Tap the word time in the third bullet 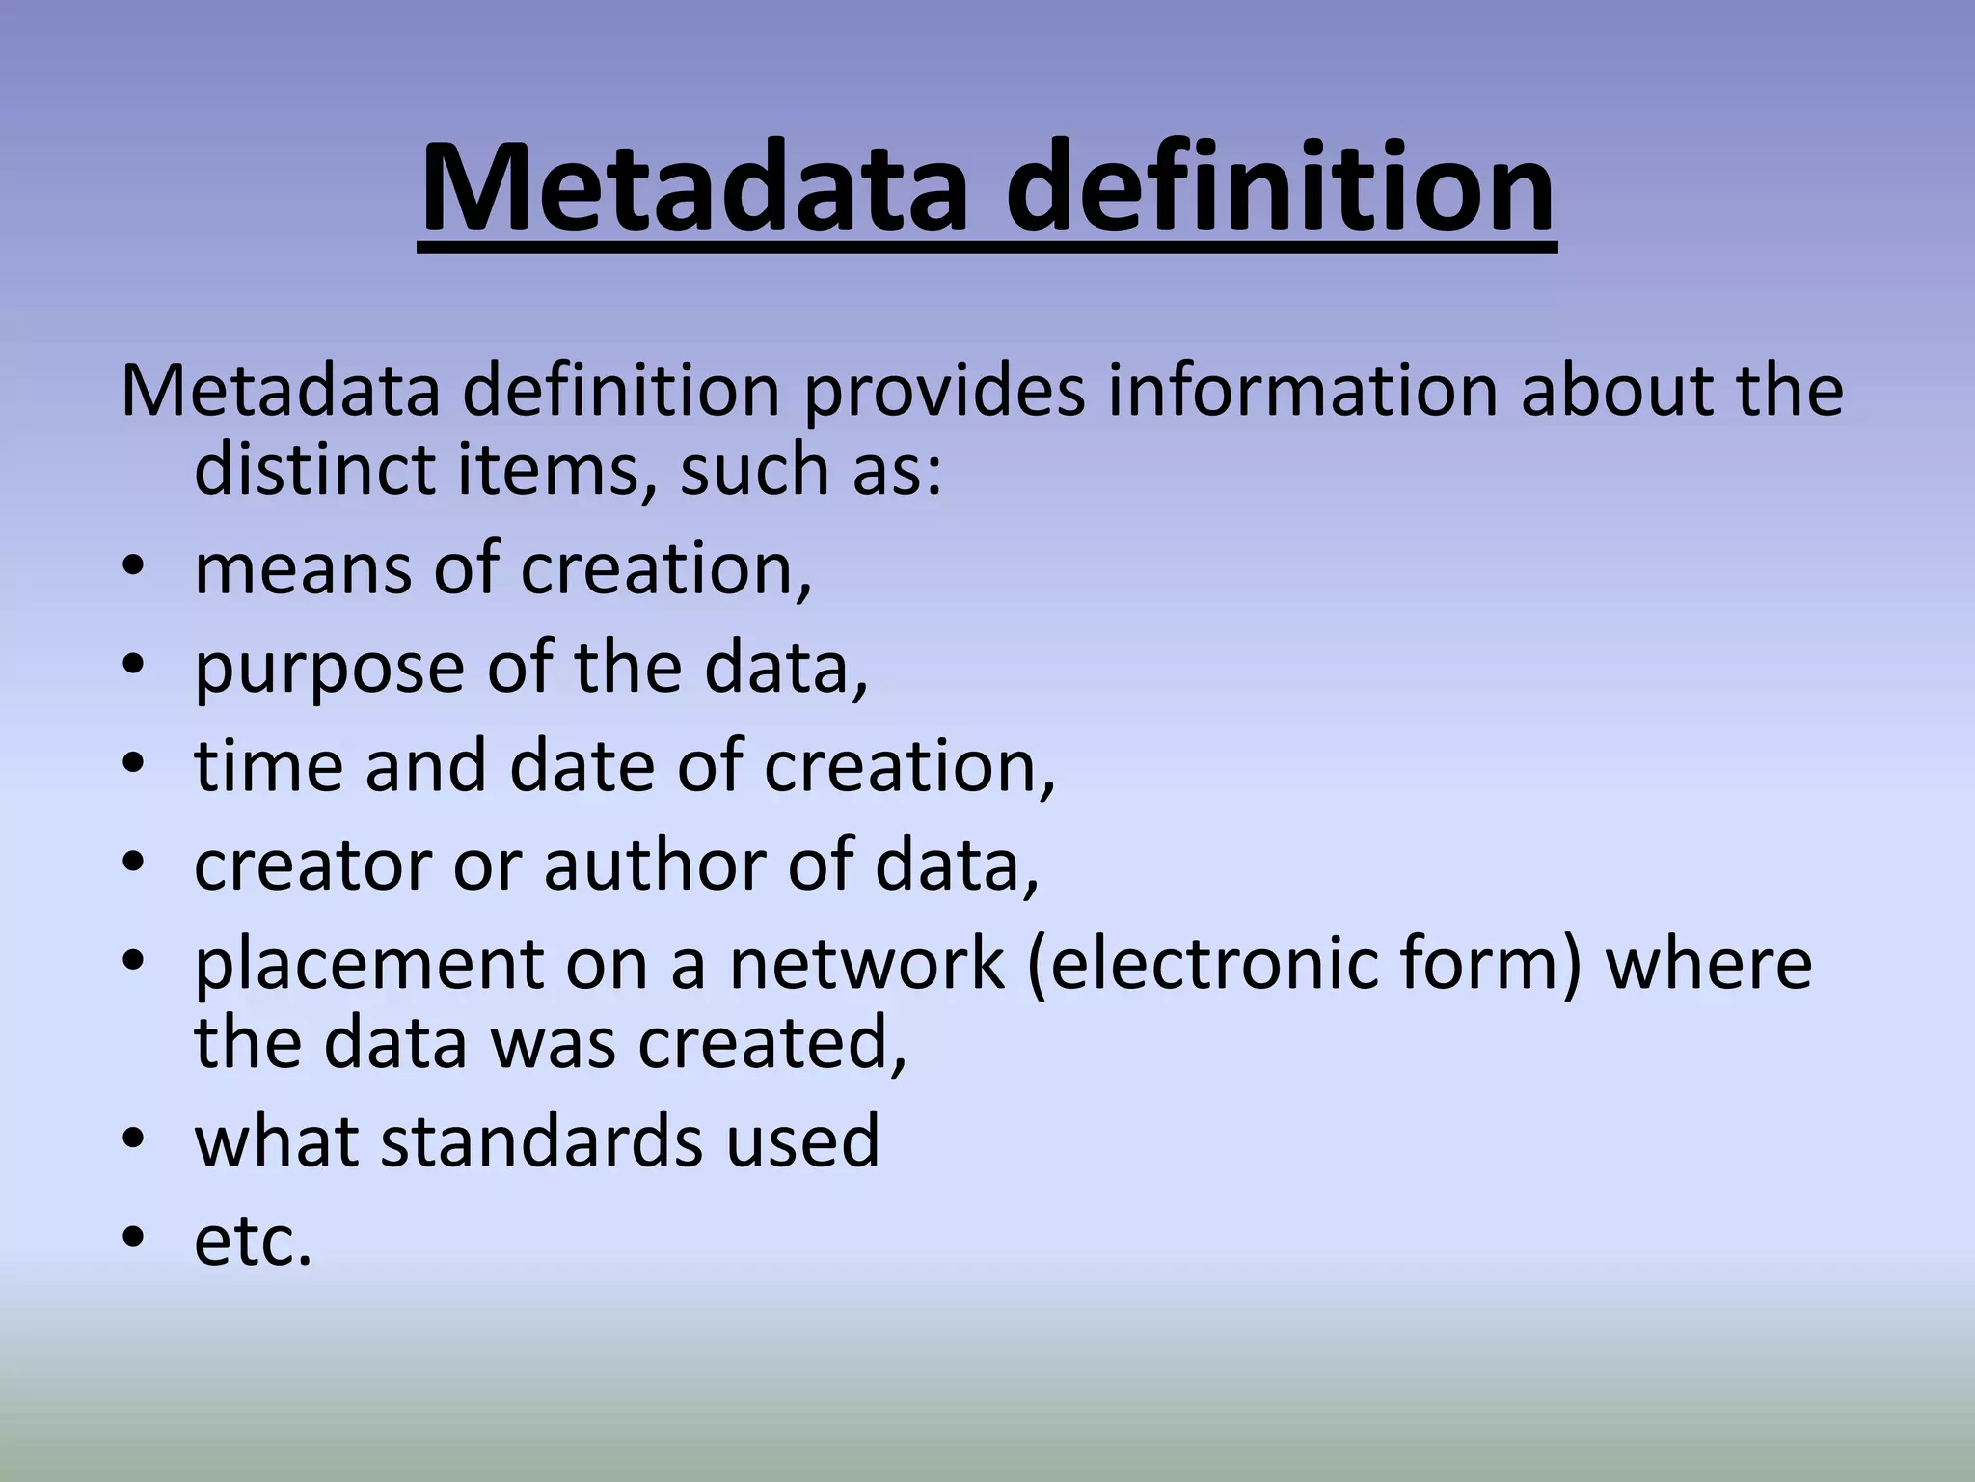pos(269,766)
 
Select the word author pos(656,864)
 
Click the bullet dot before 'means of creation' pos(133,569)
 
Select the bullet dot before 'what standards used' pos(133,1140)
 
